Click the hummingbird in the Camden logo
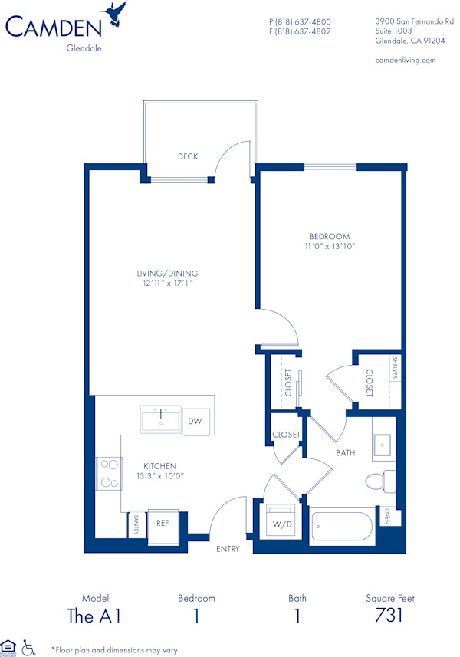click(117, 13)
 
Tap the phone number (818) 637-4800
click(300, 21)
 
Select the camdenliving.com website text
click(405, 60)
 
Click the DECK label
click(188, 156)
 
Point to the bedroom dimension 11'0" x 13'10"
click(330, 247)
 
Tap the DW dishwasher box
click(195, 422)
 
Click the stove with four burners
click(109, 473)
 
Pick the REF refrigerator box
click(163, 523)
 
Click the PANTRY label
click(136, 524)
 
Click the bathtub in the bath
click(342, 527)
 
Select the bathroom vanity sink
click(381, 444)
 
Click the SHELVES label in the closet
click(395, 369)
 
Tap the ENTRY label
click(228, 549)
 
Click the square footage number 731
click(389, 616)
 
